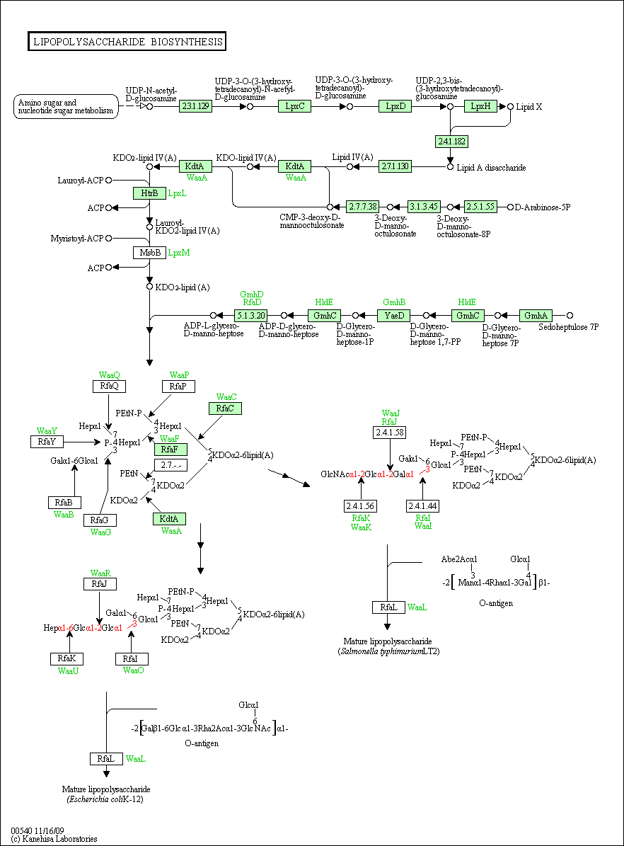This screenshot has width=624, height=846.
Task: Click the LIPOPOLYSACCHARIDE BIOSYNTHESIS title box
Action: pyautogui.click(x=127, y=42)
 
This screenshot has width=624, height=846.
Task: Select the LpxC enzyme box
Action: pyautogui.click(x=294, y=106)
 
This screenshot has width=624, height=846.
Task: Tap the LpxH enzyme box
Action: pyautogui.click(x=480, y=106)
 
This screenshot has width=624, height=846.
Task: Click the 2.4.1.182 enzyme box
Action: pyautogui.click(x=451, y=142)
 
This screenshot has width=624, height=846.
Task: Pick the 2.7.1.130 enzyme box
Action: pyautogui.click(x=395, y=166)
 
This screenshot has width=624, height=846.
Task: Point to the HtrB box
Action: pyautogui.click(x=149, y=193)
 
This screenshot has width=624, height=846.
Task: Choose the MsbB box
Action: pyautogui.click(x=149, y=253)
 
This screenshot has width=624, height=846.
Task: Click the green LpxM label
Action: pyautogui.click(x=179, y=253)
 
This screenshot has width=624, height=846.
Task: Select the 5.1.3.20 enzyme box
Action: pyautogui.click(x=250, y=316)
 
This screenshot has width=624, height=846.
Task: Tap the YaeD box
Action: pyautogui.click(x=393, y=316)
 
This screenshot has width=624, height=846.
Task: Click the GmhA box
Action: pyautogui.click(x=536, y=316)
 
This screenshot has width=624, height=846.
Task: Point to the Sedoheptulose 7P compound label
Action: pyautogui.click(x=568, y=327)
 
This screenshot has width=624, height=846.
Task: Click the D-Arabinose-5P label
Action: pyautogui.click(x=543, y=207)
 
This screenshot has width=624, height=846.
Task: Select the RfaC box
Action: pyautogui.click(x=225, y=408)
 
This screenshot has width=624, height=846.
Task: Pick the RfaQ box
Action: pyautogui.click(x=109, y=387)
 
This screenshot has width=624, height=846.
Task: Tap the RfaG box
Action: pyautogui.click(x=100, y=520)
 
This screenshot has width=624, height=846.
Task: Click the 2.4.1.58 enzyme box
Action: pyautogui.click(x=389, y=433)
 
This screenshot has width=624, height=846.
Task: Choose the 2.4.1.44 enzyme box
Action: pyautogui.click(x=422, y=506)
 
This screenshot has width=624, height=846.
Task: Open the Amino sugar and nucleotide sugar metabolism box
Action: pyautogui.click(x=66, y=106)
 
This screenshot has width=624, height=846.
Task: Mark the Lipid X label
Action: pyautogui.click(x=529, y=107)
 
